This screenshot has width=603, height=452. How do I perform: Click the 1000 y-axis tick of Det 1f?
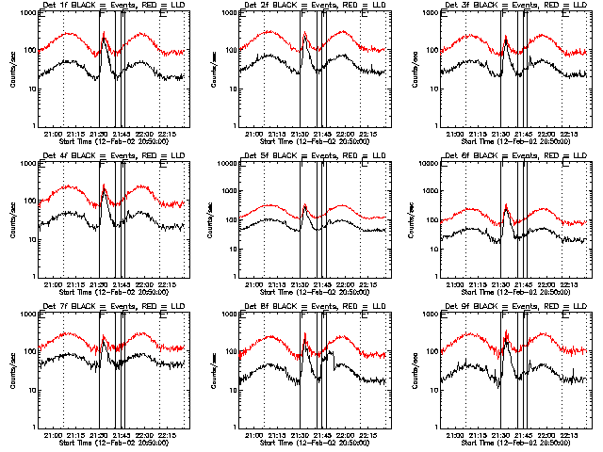26,14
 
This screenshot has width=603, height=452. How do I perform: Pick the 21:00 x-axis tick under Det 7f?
53,435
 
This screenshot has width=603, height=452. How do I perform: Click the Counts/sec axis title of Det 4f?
11,220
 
